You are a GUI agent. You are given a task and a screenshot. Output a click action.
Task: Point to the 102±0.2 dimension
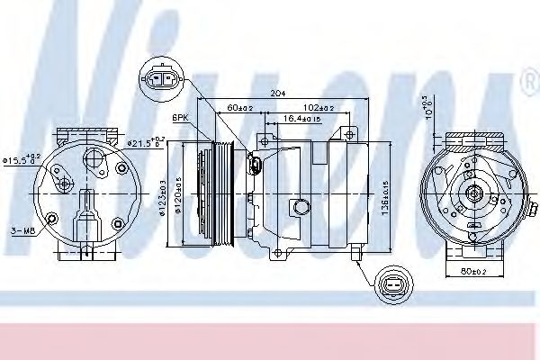click(319, 108)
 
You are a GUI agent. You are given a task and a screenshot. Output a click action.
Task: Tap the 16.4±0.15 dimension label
click(303, 118)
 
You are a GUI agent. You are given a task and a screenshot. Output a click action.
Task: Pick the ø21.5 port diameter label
click(144, 141)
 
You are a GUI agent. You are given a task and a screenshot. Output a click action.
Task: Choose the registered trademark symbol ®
click(528, 84)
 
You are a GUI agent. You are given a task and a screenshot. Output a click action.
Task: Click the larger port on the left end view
click(92, 159)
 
